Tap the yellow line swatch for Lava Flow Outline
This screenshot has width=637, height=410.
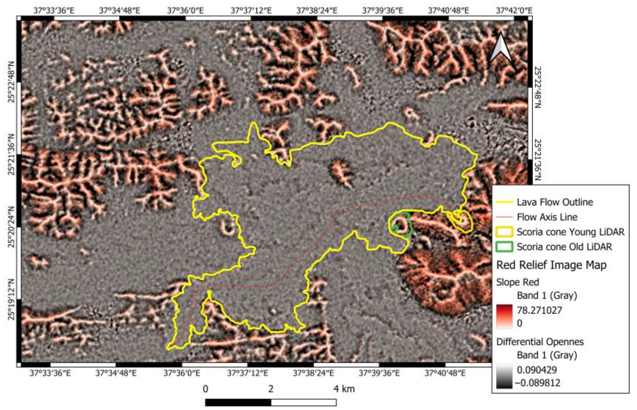[x=504, y=202]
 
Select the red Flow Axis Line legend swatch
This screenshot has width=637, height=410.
[x=504, y=217]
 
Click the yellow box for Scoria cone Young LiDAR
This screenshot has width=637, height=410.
[x=504, y=232]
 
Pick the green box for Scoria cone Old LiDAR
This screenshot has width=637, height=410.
[x=504, y=247]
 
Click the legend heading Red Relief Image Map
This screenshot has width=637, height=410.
[x=551, y=265]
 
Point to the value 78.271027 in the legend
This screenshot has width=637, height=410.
[x=539, y=310]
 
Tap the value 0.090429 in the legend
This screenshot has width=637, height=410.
[x=537, y=370]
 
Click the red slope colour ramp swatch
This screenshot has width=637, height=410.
[x=504, y=317]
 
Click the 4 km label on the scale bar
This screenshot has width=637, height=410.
[x=344, y=389]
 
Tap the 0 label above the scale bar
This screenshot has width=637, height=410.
[x=205, y=389]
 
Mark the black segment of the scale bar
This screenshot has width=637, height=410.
[x=238, y=402]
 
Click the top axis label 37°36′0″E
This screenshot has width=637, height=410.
[x=185, y=11]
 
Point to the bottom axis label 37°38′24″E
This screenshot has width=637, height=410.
[x=313, y=373]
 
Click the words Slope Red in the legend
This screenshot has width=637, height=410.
[x=517, y=282]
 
